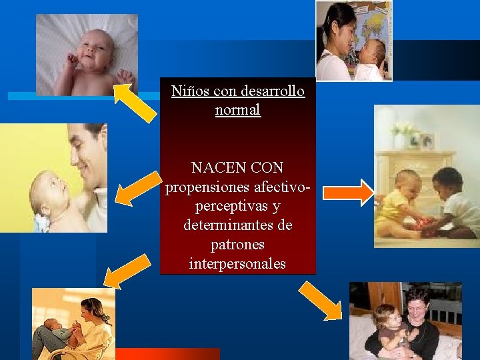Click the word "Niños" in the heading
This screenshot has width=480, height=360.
click(x=186, y=91)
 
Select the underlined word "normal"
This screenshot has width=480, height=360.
click(x=237, y=109)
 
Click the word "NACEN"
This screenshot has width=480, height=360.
click(x=214, y=167)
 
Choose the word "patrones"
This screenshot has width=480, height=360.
click(x=237, y=245)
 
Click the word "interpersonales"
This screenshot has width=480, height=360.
click(x=237, y=264)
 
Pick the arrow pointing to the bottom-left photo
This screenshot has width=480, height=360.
click(x=127, y=270)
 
